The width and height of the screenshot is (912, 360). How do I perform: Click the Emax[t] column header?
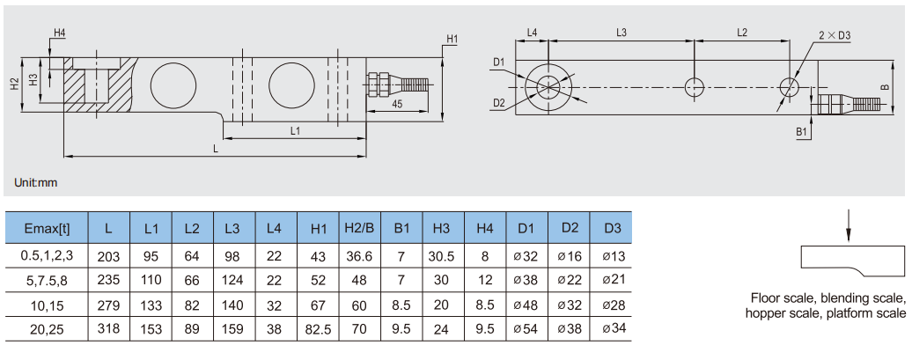click(x=47, y=229)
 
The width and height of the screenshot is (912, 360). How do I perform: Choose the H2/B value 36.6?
click(x=359, y=255)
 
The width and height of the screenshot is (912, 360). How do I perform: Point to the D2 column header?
click(x=569, y=229)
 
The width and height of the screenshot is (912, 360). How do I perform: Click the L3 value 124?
click(x=232, y=280)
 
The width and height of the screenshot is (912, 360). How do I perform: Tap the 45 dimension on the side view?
click(x=397, y=104)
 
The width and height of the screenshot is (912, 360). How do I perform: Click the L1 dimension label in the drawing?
click(x=295, y=131)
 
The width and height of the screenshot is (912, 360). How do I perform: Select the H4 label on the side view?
click(x=59, y=33)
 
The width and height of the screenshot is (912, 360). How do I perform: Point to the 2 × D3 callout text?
click(x=834, y=35)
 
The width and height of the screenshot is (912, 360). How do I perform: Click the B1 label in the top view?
click(x=802, y=131)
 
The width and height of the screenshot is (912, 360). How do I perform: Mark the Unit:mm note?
click(x=36, y=183)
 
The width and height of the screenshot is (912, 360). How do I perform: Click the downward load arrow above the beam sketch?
click(x=847, y=224)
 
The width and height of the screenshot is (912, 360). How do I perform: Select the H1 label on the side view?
click(x=452, y=40)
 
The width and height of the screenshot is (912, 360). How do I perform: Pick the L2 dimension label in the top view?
click(x=741, y=33)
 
